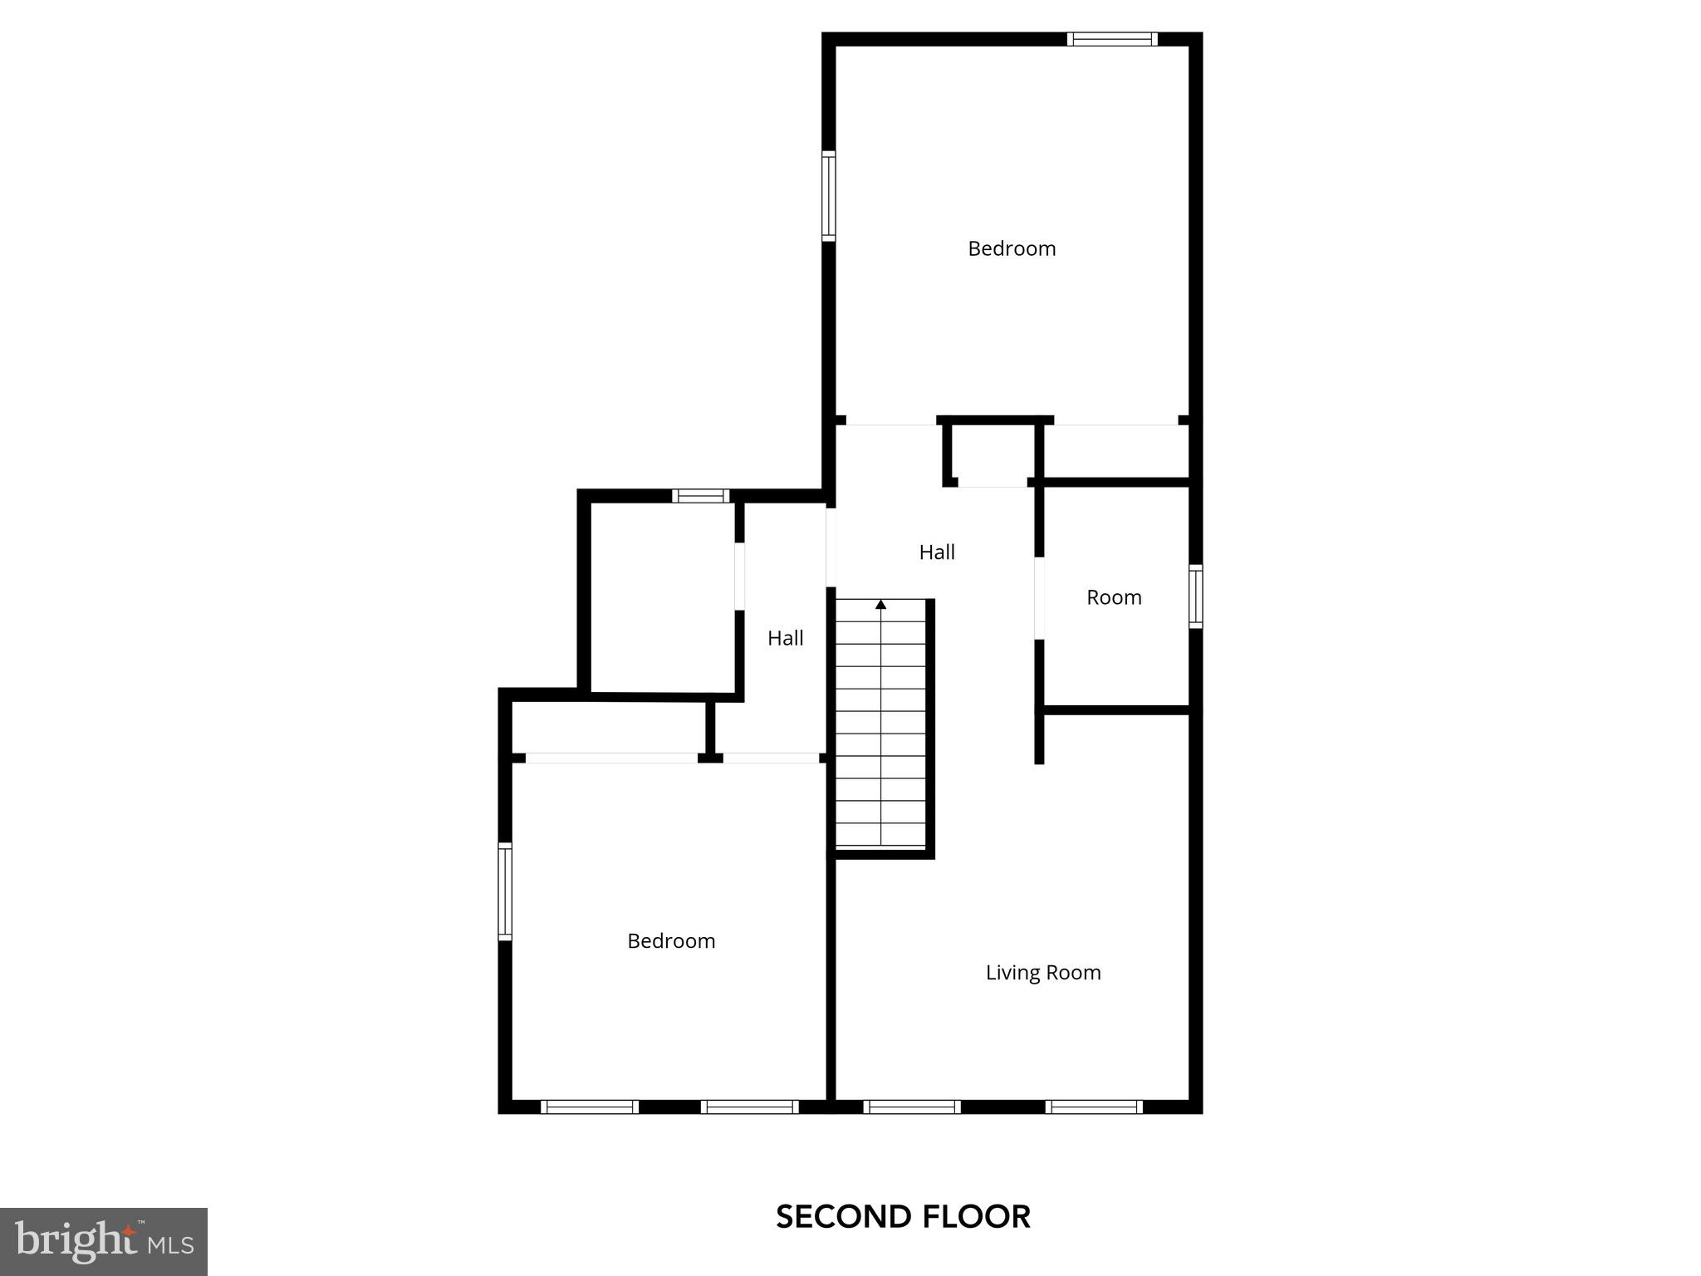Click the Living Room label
pos(1043,972)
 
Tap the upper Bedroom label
pos(1012,248)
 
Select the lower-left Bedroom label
pos(671,940)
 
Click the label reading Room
pos(1114,597)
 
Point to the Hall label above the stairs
pos(937,552)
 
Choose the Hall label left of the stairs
pos(785,638)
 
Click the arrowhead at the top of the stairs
pos(880,604)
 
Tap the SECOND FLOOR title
pos(903,1217)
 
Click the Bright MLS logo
pos(104,1242)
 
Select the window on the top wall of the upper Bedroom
pos(1112,39)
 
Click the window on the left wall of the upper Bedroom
pos(829,196)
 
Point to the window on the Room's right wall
pos(1195,596)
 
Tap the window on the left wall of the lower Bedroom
pos(505,891)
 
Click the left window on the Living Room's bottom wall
pos(912,1107)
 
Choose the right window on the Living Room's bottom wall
pos(1094,1107)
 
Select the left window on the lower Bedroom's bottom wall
pos(590,1107)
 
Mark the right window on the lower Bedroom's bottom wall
pos(750,1107)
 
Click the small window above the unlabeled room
pos(700,496)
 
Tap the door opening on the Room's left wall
pos(1039,597)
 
